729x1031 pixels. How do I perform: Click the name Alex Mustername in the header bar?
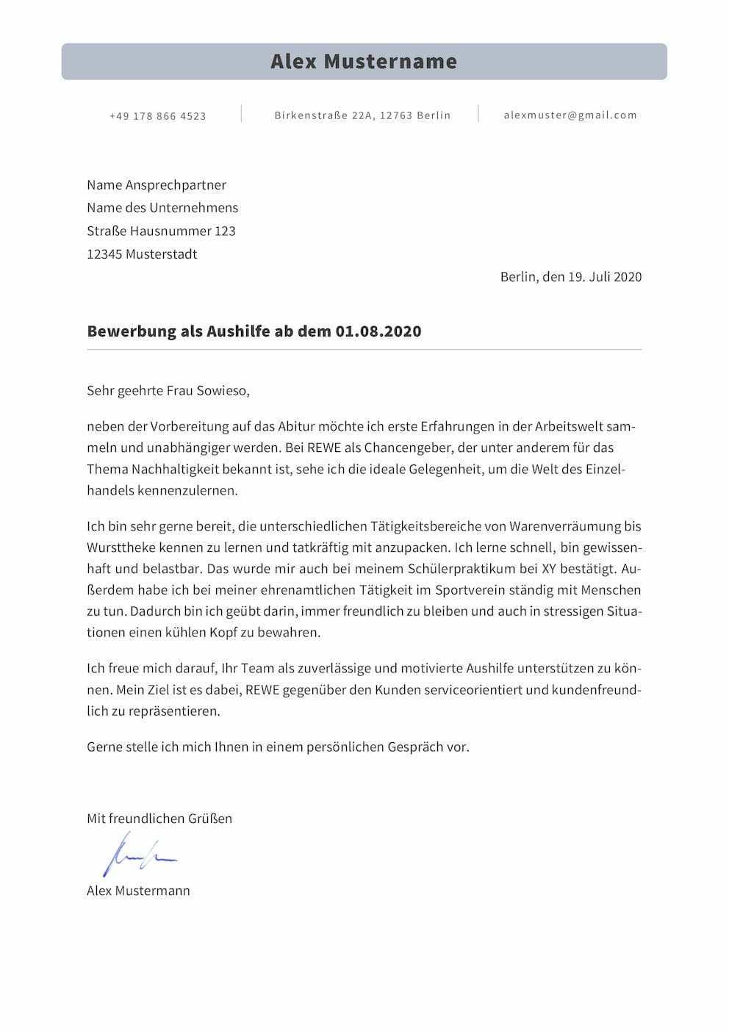[x=364, y=61]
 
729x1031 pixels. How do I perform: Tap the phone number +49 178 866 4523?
[x=158, y=116]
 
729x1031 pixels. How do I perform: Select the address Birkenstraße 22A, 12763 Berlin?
[x=362, y=115]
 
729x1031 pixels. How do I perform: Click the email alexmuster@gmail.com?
[x=570, y=115]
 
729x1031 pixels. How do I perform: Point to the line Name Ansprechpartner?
[x=157, y=185]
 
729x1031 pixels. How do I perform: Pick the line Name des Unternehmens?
[x=162, y=208]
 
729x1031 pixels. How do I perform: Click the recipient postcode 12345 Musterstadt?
[x=142, y=254]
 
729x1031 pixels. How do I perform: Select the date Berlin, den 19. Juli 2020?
[x=570, y=277]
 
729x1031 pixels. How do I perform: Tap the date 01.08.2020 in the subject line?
[x=378, y=331]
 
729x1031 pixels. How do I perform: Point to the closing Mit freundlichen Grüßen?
[x=159, y=819]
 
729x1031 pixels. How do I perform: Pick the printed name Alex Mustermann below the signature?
[x=138, y=891]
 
